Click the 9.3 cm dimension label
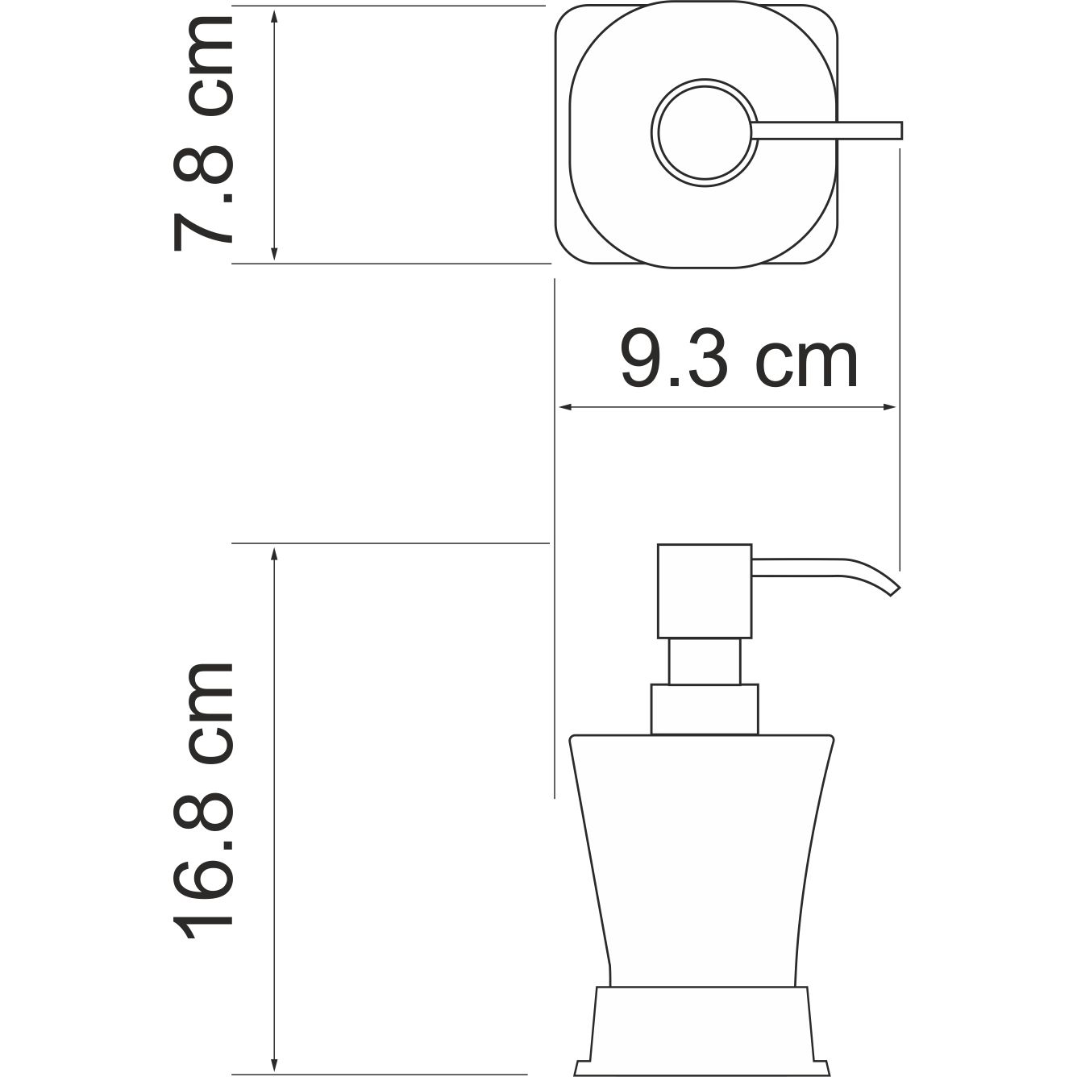738,361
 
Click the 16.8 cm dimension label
204,802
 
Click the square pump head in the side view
705,591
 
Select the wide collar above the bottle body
705,709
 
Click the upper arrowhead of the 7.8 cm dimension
275,17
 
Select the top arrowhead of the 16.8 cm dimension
275,554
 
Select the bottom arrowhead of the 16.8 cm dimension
275,1064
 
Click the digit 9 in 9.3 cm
645,361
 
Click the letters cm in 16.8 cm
204,713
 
